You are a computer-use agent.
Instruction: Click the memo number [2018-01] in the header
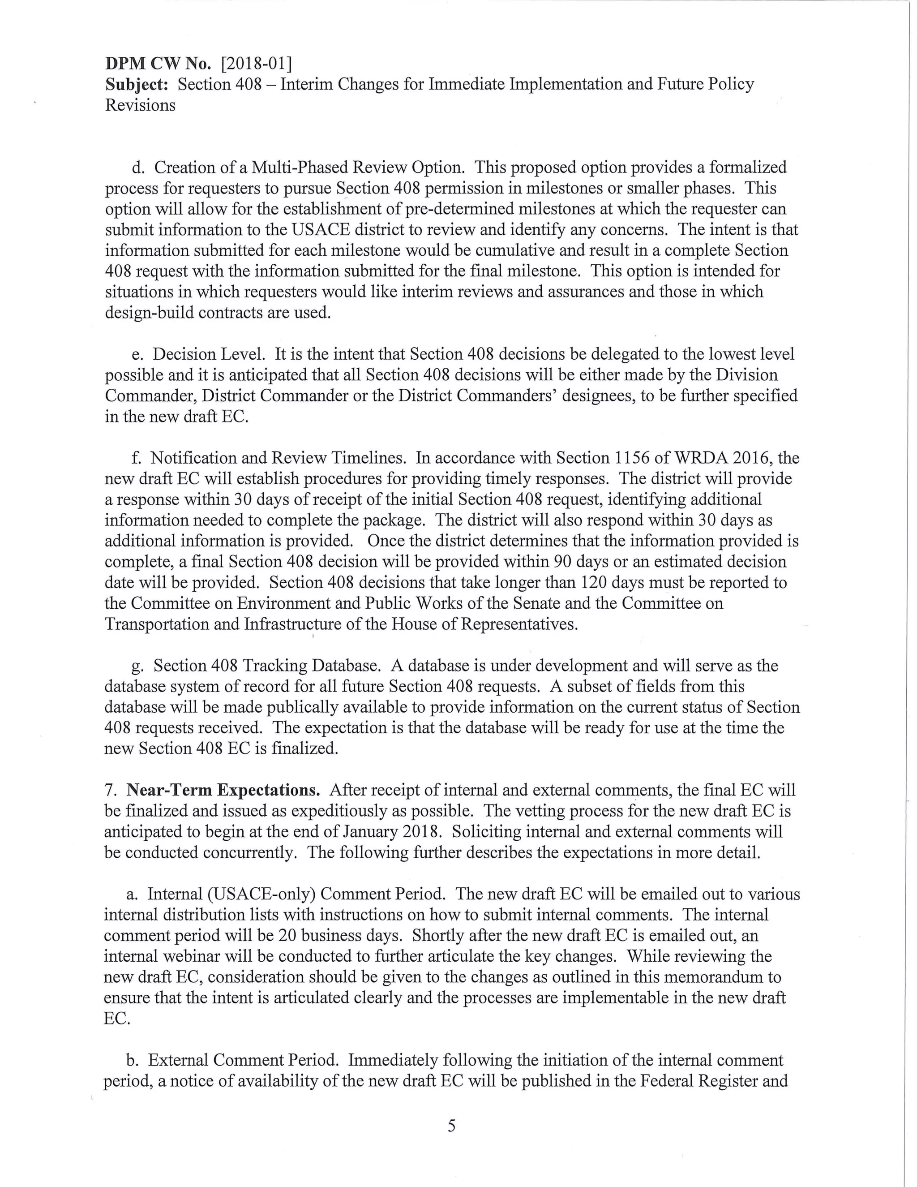257,64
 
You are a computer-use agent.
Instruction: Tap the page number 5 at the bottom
451,1126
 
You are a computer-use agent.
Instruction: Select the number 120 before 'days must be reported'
591,583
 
